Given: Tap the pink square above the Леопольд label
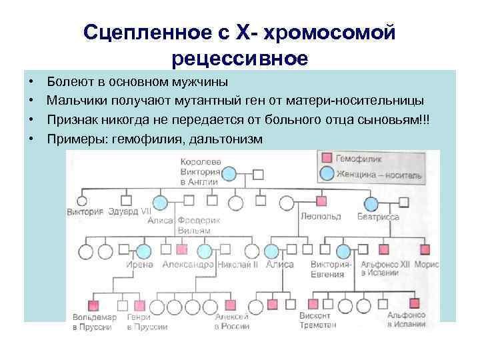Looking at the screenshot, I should [321, 201].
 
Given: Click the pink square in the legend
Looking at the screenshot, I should [327, 159].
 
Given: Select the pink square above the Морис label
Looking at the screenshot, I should [425, 251].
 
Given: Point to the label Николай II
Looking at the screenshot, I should [235, 265].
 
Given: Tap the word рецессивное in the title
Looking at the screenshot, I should [239, 58].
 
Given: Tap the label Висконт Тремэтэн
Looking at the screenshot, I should [318, 321].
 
